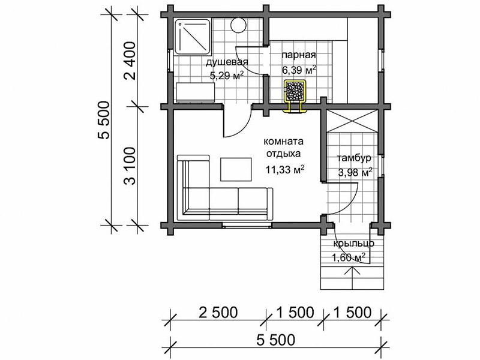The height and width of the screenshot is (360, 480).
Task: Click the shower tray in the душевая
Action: [192, 37]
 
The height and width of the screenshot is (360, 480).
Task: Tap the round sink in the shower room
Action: [238, 25]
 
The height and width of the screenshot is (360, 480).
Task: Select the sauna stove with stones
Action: [295, 91]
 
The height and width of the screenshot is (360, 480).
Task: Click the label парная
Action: [298, 55]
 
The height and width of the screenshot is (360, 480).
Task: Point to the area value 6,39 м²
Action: [299, 70]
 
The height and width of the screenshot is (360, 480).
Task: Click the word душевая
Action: [227, 62]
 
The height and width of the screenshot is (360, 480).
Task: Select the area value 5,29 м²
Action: [227, 76]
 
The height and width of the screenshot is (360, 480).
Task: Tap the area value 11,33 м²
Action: [284, 169]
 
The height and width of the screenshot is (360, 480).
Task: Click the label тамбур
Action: [354, 158]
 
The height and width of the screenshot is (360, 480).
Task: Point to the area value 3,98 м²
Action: [355, 172]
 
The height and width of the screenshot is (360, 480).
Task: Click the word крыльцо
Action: [353, 244]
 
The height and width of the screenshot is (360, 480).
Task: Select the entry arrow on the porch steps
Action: [352, 278]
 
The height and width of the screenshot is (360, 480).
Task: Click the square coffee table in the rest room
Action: [236, 169]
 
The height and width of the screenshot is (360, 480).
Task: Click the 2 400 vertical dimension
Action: [130, 61]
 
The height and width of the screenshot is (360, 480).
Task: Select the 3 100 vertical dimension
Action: [130, 166]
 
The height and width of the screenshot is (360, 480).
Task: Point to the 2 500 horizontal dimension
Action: [218, 313]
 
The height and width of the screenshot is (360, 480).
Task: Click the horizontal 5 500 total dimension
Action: [275, 340]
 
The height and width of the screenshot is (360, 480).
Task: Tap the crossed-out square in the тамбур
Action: [352, 121]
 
